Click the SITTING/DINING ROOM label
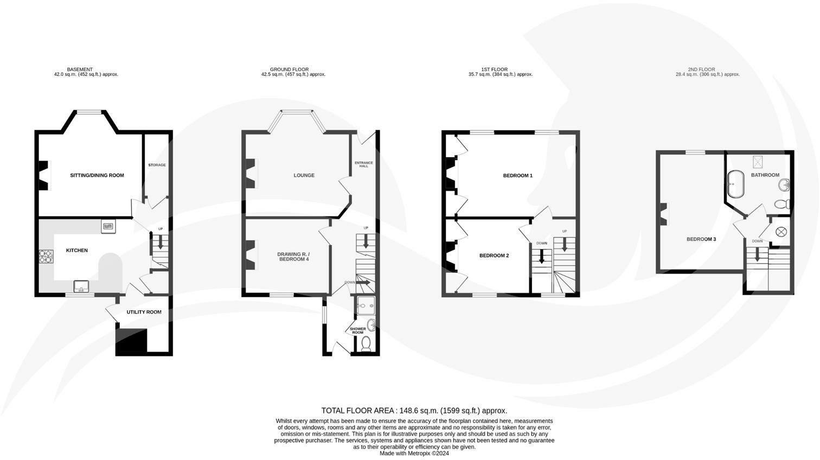point(97,175)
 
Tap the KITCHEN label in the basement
point(77,250)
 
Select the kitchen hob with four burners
point(45,256)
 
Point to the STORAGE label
point(157,165)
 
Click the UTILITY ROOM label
point(144,312)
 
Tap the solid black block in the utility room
point(131,341)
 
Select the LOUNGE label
point(304,175)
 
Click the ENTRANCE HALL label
point(364,164)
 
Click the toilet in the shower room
point(366,344)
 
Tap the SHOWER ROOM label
point(357,330)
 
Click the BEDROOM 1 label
point(517,175)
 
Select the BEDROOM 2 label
point(494,255)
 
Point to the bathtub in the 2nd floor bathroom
point(735,184)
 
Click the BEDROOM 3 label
point(701,239)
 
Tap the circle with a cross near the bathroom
point(781,232)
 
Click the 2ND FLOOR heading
point(701,69)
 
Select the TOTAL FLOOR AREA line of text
point(414,411)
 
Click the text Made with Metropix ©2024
point(414,453)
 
